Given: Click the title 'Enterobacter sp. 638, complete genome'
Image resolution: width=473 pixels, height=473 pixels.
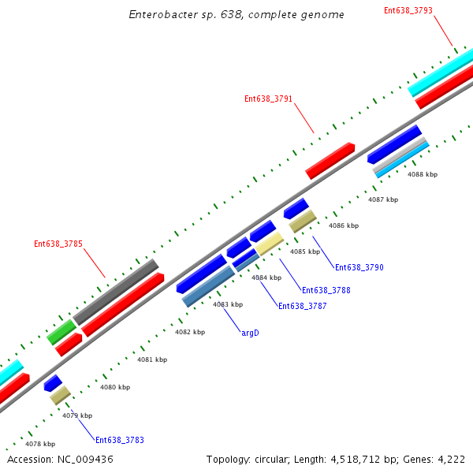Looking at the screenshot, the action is point(236,15).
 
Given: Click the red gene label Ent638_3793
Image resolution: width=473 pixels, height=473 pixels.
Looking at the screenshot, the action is point(408,10).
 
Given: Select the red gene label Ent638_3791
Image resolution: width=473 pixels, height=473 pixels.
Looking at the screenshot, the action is point(268,99).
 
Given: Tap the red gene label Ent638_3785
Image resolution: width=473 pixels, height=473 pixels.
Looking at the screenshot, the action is point(58,244).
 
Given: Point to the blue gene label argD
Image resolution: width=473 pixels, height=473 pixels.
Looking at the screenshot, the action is point(250,333).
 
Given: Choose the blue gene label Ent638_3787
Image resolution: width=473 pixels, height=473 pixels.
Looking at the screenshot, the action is point(302,306).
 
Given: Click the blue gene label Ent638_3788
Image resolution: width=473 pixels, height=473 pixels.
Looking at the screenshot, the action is point(326,290).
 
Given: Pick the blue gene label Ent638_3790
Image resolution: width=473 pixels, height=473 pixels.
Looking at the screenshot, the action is point(359,267).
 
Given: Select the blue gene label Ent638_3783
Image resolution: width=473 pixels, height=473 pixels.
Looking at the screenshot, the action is point(119,440).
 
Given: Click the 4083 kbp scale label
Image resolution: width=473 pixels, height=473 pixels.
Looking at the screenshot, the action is point(228,304).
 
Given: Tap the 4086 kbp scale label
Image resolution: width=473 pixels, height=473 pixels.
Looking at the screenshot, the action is point(344,225).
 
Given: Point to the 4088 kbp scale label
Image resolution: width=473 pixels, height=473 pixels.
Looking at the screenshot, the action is point(422,174).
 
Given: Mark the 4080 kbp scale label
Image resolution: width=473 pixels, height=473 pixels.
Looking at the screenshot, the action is point(115,387).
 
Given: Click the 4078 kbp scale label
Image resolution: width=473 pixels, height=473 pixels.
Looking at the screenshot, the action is point(40,444).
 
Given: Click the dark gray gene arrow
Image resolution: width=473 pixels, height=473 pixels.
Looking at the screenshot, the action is point(117,289).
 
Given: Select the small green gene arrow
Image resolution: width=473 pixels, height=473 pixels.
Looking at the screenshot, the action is point(61,332).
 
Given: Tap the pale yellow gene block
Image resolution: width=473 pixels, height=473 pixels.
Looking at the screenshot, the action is point(269,244).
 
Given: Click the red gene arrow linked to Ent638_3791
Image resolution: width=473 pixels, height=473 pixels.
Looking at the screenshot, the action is point(330,160).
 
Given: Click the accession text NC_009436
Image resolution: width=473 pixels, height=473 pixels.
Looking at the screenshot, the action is point(60,459).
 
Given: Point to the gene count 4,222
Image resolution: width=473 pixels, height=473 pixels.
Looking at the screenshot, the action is point(452,459).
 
